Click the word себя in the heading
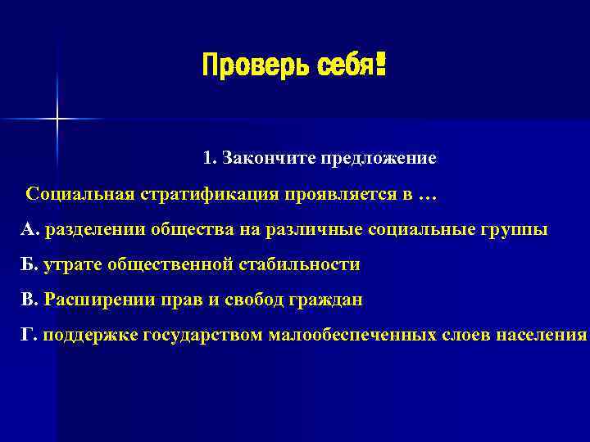(x=339, y=64)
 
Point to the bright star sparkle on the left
(x=57, y=120)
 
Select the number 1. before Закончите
(x=210, y=158)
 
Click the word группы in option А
(x=517, y=230)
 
